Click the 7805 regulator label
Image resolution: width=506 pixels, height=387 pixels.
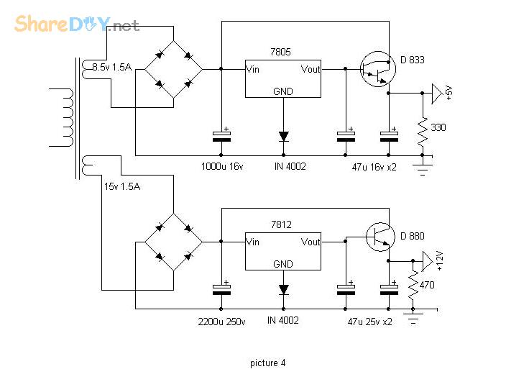tap(282, 52)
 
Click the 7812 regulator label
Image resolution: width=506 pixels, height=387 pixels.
tap(282, 224)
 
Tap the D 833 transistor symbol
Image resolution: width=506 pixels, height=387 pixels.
tap(378, 69)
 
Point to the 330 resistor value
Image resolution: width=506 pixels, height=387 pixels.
tap(438, 127)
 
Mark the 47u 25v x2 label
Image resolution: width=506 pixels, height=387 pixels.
tap(369, 321)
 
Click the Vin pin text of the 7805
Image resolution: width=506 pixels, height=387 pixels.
tap(253, 69)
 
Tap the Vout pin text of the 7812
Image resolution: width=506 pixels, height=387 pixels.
tap(310, 242)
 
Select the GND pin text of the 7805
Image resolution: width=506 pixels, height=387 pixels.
tap(282, 91)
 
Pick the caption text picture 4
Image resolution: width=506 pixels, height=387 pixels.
tap(267, 363)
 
